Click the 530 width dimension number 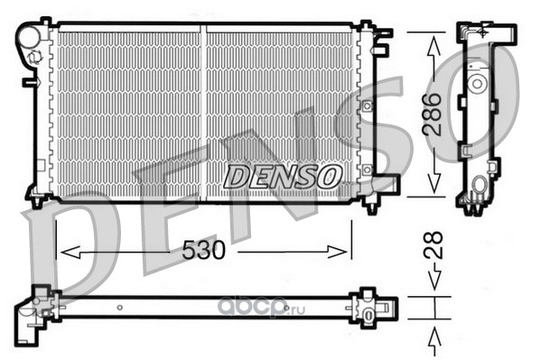click(203, 250)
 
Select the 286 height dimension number click(433, 114)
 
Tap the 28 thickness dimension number click(433, 245)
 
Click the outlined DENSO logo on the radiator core click(283, 176)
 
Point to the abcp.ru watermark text click(263, 309)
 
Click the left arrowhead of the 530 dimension click(70, 253)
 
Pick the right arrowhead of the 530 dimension click(337, 253)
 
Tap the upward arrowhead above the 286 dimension click(433, 47)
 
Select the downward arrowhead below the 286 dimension click(433, 182)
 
